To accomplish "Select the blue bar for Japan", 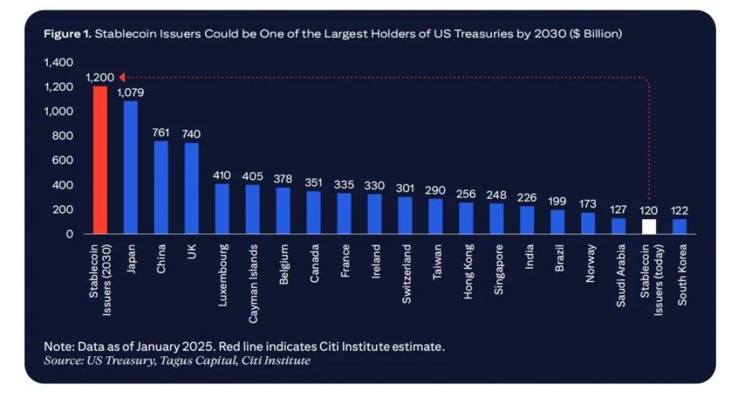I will click(131, 167).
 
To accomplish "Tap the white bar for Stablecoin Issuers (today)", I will click(648, 226).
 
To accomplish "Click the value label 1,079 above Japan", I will click(131, 93).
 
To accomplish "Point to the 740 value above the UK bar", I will click(191, 134).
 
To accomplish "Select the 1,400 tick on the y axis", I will click(58, 62).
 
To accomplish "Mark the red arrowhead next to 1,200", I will click(122, 77).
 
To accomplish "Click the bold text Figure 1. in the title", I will click(67, 35).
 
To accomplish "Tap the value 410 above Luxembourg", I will click(222, 175).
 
